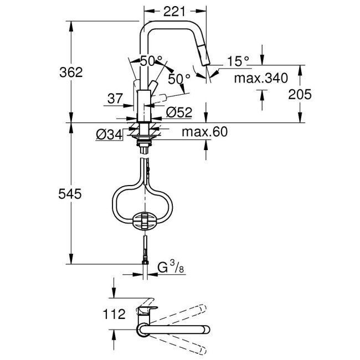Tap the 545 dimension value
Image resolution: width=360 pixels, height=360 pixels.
tap(71, 194)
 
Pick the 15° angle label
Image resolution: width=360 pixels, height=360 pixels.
tap(239, 61)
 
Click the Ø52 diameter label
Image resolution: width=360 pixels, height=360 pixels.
tap(178, 113)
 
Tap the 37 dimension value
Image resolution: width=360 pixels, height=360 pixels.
tap(115, 99)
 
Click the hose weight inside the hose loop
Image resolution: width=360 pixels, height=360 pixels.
tap(145, 220)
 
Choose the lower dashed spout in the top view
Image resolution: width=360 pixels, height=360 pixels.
tap(188, 339)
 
